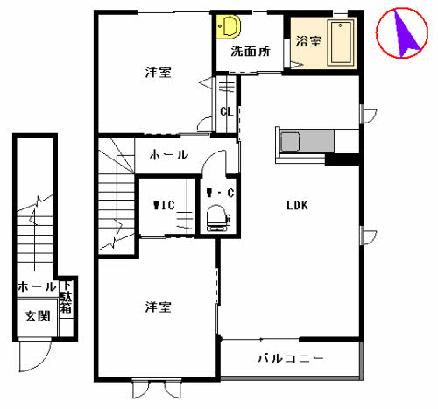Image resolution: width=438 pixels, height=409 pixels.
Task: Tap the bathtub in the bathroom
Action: coord(340,43)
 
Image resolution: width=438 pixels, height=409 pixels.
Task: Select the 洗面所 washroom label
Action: coord(249,51)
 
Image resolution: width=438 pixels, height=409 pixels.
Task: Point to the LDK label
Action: coord(297,206)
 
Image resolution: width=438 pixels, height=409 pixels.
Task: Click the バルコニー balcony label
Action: coord(292,358)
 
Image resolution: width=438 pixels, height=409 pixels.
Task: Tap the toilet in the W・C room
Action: coord(215,216)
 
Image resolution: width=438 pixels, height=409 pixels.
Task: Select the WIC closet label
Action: coord(164,206)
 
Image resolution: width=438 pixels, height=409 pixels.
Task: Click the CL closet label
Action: coord(226,111)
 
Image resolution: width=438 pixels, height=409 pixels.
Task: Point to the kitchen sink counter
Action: coord(302,141)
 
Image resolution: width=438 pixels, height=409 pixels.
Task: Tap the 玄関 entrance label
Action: coord(36,316)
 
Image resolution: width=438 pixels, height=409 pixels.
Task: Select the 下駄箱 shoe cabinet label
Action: coord(66,297)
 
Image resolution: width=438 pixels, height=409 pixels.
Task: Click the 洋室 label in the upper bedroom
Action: coord(158,73)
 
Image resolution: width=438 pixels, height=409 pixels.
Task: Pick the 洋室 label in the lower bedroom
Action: coord(158,307)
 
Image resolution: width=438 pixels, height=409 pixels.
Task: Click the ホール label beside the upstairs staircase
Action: coord(168,154)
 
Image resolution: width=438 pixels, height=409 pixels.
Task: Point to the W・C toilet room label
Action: coord(218,192)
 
